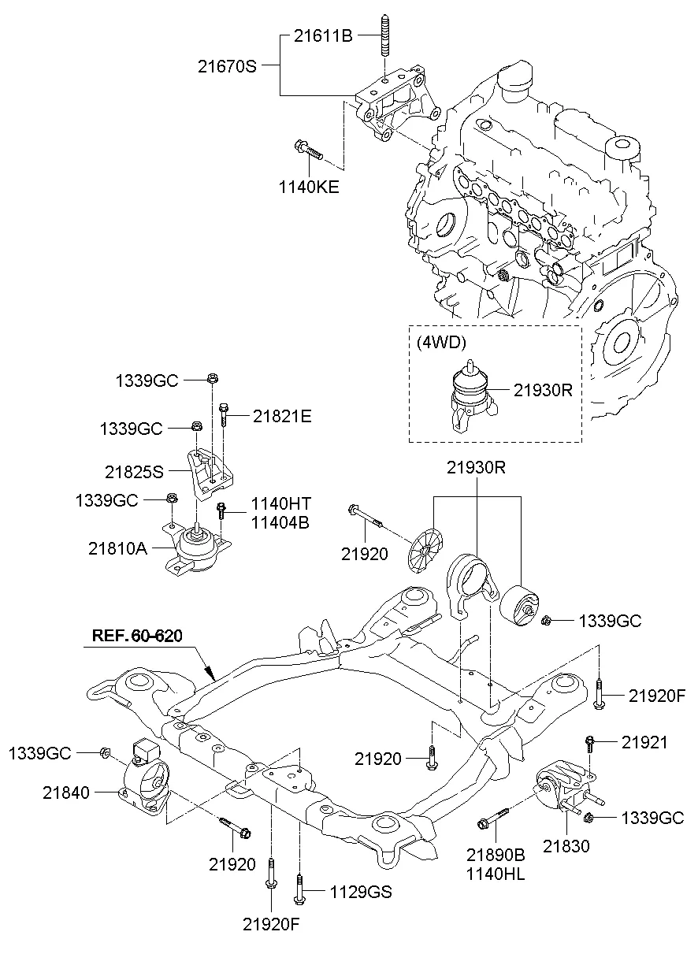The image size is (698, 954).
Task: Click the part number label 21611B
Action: click(x=323, y=35)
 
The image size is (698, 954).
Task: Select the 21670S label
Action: click(x=227, y=67)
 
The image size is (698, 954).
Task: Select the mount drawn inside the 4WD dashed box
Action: click(x=469, y=398)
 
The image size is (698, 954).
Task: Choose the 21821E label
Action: click(x=282, y=416)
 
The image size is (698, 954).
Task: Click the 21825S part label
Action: click(x=134, y=472)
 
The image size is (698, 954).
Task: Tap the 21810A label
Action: click(x=118, y=548)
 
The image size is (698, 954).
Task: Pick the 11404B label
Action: click(x=281, y=521)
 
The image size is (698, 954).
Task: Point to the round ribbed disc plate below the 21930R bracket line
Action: click(x=427, y=545)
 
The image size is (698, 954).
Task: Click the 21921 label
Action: click(x=644, y=741)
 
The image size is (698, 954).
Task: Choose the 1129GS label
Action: click(x=360, y=892)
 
